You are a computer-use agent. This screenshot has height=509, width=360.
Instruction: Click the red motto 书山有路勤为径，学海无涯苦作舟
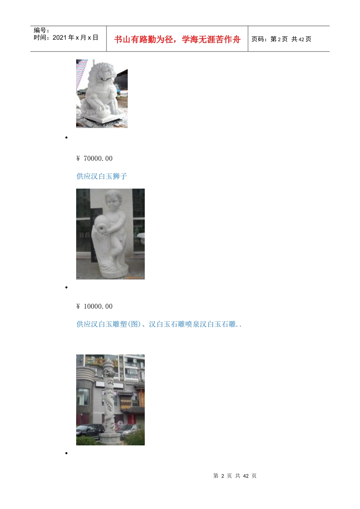coord(177,39)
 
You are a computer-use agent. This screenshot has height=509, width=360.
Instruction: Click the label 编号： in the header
coord(41,30)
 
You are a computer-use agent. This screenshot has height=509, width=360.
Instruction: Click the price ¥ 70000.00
coord(94,158)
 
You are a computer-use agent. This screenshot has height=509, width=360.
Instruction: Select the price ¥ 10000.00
coord(94,306)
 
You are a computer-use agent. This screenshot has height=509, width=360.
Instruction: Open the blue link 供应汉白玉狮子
coord(102,176)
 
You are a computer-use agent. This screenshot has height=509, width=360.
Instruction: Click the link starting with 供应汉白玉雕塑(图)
coord(159,324)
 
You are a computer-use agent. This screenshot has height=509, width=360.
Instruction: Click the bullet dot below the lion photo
coord(66,137)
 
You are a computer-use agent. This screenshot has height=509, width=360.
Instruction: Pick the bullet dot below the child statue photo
coord(66,287)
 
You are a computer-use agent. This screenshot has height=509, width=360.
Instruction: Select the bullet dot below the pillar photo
coord(66,453)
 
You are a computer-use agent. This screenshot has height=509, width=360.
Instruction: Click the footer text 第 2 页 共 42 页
coord(235,476)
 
